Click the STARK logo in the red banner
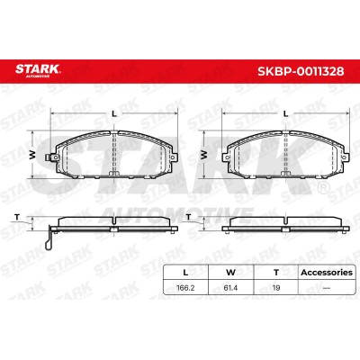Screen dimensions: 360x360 point(38,70)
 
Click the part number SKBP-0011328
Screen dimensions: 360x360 point(301,71)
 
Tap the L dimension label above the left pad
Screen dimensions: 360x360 point(114,113)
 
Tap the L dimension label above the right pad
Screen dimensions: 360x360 point(286,113)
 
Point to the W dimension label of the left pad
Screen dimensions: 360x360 point(32,155)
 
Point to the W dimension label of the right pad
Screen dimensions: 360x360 point(204,155)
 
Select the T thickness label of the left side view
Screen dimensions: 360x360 point(17,217)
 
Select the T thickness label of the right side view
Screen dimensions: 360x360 point(188,217)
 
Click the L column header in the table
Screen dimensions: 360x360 point(185,273)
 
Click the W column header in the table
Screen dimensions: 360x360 point(230,273)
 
